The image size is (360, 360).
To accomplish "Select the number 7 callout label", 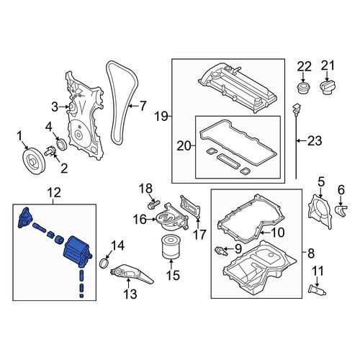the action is [x=143, y=106].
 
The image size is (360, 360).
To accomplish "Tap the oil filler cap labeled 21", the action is [x=328, y=88].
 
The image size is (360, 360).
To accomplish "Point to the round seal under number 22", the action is [x=303, y=87].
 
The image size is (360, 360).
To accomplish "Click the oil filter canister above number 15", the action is [x=171, y=248].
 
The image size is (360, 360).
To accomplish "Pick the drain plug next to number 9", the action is [x=220, y=251].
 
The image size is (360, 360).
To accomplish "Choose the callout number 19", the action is [x=161, y=117].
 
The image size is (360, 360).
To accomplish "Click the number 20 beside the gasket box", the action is [x=184, y=145].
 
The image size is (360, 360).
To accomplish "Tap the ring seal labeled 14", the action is [x=104, y=262].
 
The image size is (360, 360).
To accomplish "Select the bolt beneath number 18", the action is [x=153, y=204].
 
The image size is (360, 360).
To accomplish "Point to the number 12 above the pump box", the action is [x=54, y=193].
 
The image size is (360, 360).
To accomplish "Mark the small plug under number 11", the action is [x=317, y=289].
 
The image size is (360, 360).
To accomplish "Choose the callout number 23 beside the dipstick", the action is [x=315, y=140].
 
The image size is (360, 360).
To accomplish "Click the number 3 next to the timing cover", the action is [x=55, y=107].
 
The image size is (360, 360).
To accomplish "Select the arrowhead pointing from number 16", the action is [x=154, y=219].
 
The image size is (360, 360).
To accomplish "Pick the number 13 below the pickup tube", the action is [x=130, y=294].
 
